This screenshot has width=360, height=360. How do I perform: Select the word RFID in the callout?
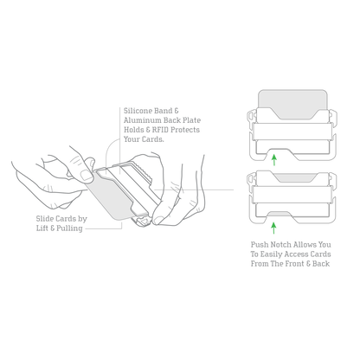tap(160, 130)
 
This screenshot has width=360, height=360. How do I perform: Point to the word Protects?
tap(185, 130)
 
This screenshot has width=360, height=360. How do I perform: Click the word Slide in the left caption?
tap(45, 219)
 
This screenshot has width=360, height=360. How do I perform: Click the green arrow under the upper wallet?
tap(274, 159)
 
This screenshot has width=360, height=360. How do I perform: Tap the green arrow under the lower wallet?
tap(273, 228)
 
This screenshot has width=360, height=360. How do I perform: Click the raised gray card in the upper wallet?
tap(292, 102)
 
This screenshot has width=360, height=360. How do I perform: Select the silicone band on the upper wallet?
tap(292, 132)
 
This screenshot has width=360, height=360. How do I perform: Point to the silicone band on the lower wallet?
tap(292, 194)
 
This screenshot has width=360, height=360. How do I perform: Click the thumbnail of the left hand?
tap(87, 176)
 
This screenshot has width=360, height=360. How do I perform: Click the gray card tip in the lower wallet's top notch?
tap(293, 177)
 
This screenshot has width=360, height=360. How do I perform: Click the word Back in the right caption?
tap(321, 264)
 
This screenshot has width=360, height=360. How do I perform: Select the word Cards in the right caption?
tap(321, 254)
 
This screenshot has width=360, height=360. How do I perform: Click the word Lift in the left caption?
tap(42, 228)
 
